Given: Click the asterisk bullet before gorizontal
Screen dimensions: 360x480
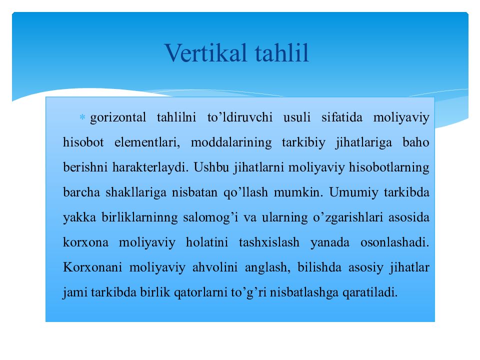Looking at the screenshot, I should [x=82, y=117].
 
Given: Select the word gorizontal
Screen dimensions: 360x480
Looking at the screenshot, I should [x=118, y=117].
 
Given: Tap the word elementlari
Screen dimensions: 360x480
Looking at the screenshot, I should [x=147, y=142].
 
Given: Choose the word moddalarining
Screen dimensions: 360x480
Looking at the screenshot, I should [x=231, y=142].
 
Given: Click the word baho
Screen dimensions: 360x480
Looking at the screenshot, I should [x=416, y=142].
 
